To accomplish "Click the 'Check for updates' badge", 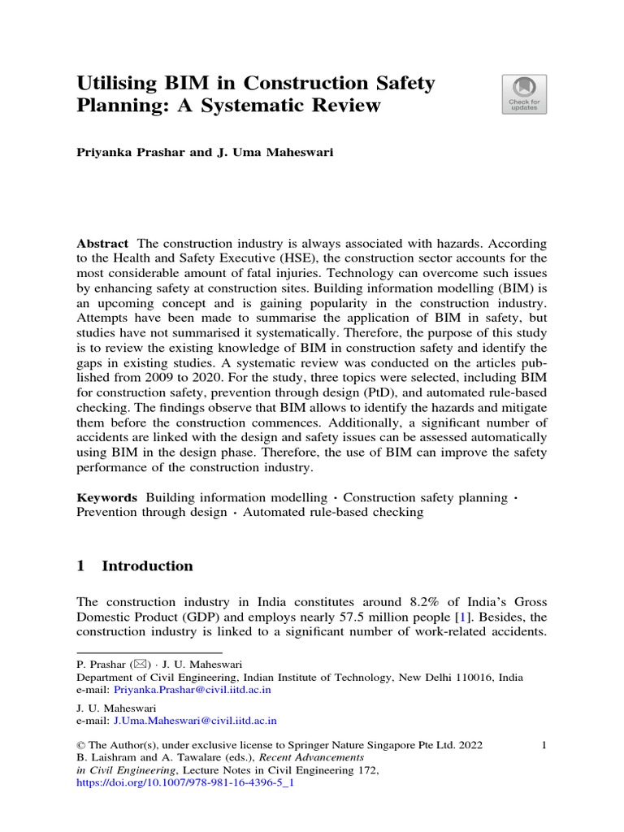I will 524,94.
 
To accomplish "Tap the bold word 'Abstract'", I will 102,244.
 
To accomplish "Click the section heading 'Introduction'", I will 147,566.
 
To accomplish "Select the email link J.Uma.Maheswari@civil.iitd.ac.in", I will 195,720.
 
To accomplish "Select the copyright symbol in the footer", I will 80,744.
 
